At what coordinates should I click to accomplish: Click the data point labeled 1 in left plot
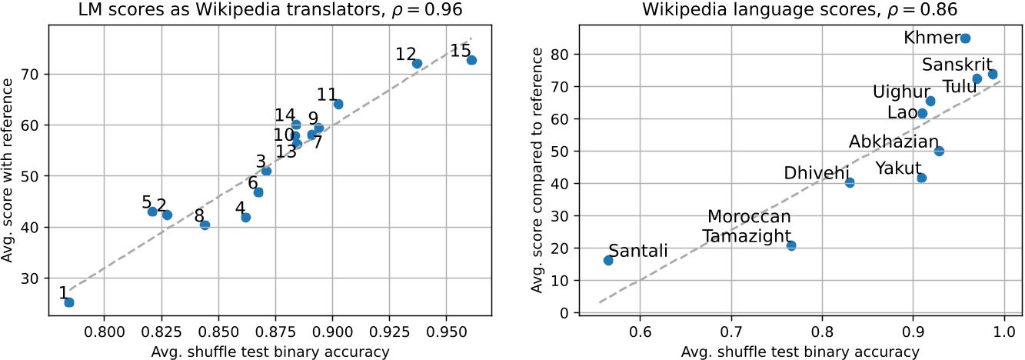tap(69, 302)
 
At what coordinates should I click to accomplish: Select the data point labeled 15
tap(471, 60)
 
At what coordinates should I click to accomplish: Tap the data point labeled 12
tap(417, 64)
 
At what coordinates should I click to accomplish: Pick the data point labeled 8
tap(205, 225)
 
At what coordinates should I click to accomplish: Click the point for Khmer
tap(966, 38)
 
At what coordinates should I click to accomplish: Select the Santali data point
tap(608, 260)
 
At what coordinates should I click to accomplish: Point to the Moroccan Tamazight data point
tap(791, 245)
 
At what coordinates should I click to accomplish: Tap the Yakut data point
tap(922, 178)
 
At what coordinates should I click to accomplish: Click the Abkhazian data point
tap(939, 151)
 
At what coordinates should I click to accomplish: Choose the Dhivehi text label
tap(816, 173)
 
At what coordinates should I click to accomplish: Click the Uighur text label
tap(899, 92)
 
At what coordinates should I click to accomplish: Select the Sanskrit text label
tap(957, 65)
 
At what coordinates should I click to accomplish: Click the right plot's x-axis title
tap(800, 352)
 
